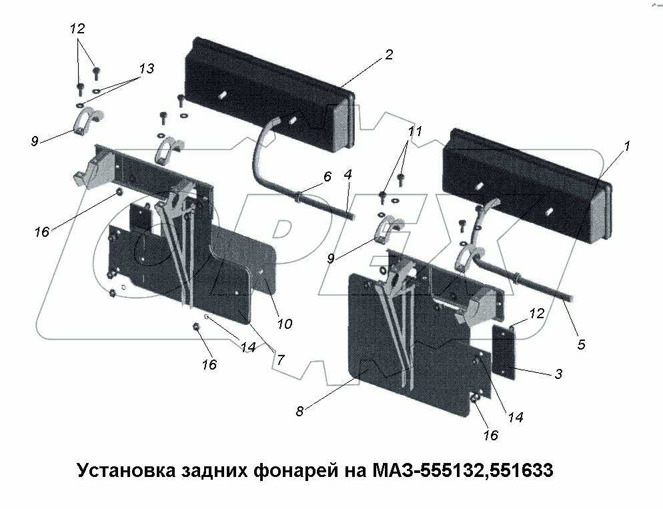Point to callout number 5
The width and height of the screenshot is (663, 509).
click(581, 344)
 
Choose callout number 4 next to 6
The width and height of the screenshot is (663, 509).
click(348, 175)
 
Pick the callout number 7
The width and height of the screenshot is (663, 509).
click(281, 360)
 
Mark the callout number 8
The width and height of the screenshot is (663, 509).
click(299, 412)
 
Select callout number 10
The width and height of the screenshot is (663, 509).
click(284, 324)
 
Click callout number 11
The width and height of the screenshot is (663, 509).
click(415, 131)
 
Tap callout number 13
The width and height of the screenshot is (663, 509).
click(146, 69)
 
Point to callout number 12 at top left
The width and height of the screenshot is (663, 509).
click(78, 29)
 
